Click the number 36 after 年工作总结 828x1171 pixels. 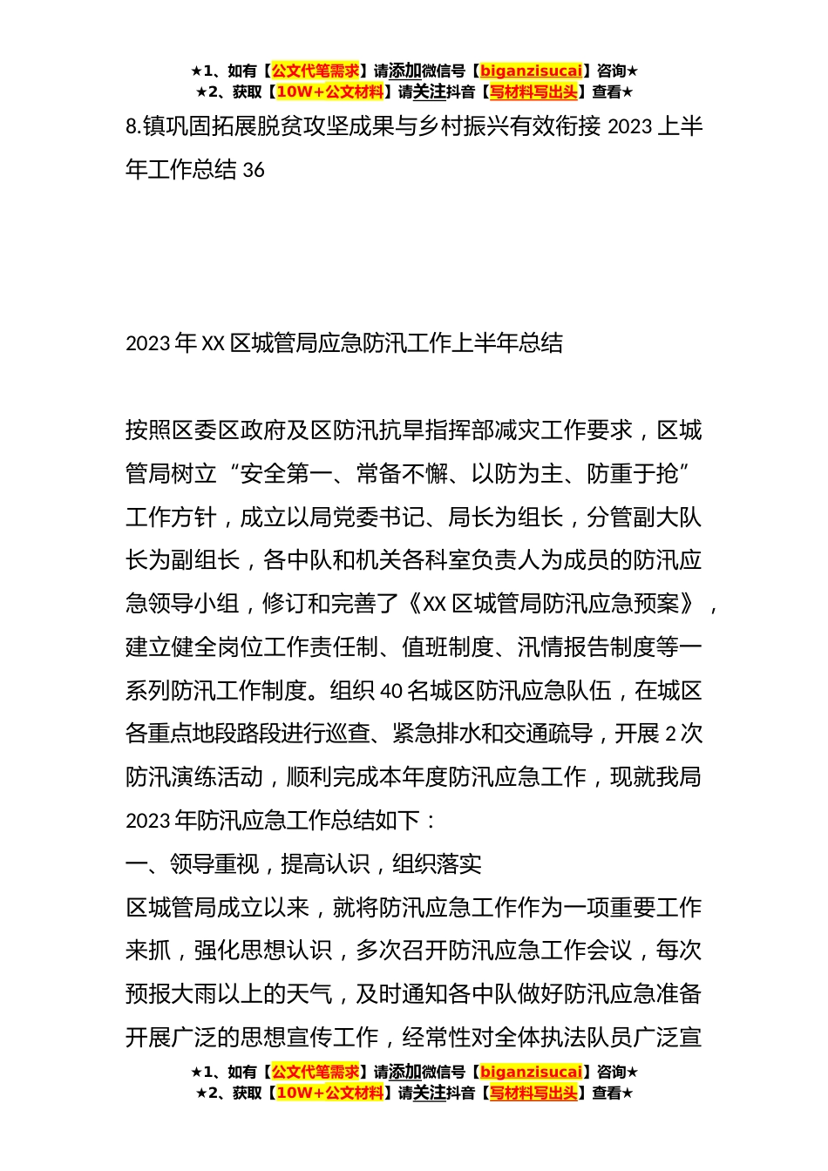pos(254,170)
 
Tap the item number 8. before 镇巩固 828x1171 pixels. pos(132,127)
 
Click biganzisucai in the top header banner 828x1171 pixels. pos(531,71)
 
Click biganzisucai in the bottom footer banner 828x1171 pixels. pos(531,1072)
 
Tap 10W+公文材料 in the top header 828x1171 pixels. pos(329,91)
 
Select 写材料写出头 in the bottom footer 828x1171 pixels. pos(533,1093)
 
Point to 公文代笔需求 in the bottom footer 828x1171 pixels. pos(316,1072)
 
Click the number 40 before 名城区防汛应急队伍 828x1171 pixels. pos(391,691)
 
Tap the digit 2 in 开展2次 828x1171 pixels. pos(670,734)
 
